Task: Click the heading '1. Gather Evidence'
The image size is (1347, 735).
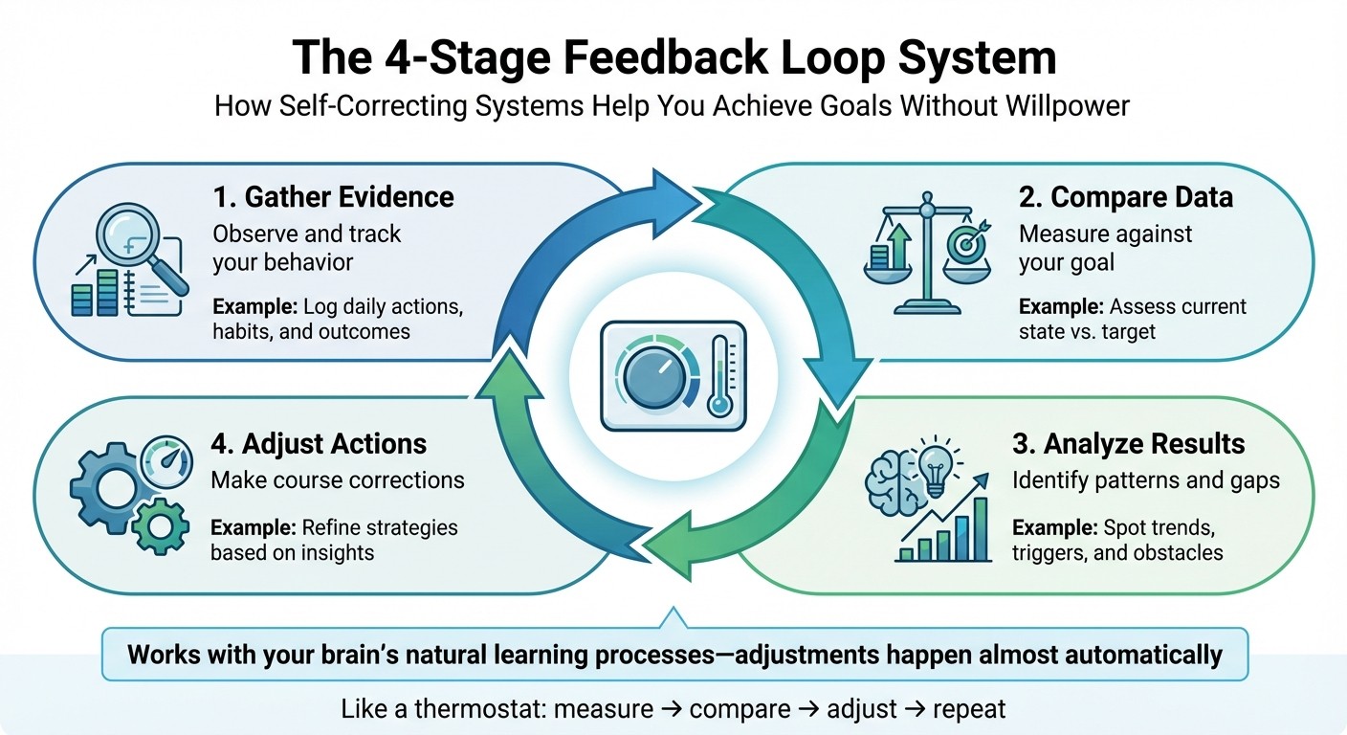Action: pos(333,197)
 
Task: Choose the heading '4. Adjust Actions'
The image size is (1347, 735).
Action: pos(319,444)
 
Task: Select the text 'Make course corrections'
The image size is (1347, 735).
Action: pos(338,480)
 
